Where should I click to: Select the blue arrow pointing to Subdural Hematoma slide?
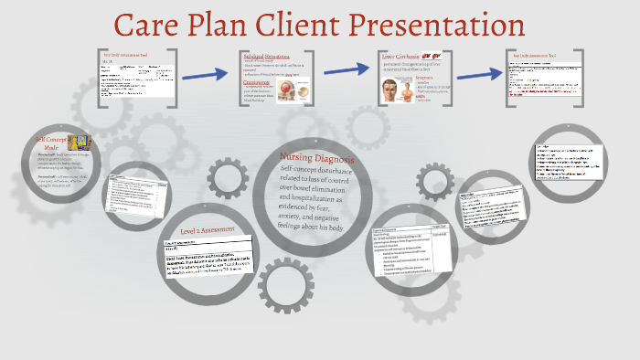[x=203, y=72]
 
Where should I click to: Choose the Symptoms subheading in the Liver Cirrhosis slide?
[x=429, y=79]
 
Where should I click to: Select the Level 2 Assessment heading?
[x=209, y=230]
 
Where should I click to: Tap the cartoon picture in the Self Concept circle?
[x=80, y=141]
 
